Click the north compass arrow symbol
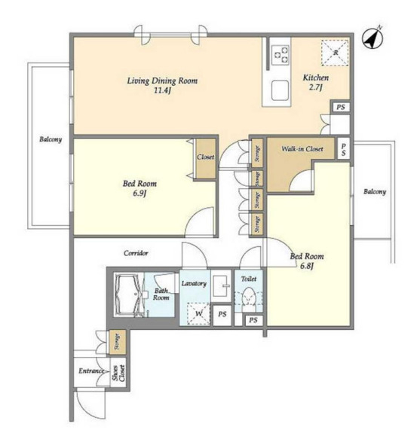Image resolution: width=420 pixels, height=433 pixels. tap(372, 38)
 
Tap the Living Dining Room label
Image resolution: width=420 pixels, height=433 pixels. tap(162, 81)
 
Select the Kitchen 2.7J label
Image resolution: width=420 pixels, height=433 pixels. tap(316, 82)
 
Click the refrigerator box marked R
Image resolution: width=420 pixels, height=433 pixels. tap(335, 53)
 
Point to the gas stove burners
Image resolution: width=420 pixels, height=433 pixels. tap(281, 55)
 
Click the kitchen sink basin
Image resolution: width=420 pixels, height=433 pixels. tap(280, 90)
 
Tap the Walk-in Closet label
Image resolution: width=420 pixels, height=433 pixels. tap(302, 149)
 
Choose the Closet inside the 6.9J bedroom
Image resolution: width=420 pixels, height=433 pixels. tap(206, 158)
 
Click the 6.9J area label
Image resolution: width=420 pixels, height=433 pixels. tap(139, 193)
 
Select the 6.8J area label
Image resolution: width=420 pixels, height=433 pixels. tap(307, 266)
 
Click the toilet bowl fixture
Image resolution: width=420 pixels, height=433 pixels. tap(249, 297)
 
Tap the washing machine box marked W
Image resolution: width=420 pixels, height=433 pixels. tap(198, 314)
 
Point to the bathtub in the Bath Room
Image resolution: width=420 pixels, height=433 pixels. tap(128, 294)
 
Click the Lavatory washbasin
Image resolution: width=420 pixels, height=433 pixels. tap(222, 286)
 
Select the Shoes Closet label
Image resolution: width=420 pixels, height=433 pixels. tap(118, 373)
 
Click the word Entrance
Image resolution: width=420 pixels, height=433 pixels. tap(91, 370)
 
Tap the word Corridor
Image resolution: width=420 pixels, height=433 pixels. tap(136, 253)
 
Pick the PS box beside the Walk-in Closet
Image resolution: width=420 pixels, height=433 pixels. tap(343, 149)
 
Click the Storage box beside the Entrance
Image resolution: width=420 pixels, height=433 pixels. tap(118, 342)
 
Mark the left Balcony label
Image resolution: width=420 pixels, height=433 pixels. tap(51, 139)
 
